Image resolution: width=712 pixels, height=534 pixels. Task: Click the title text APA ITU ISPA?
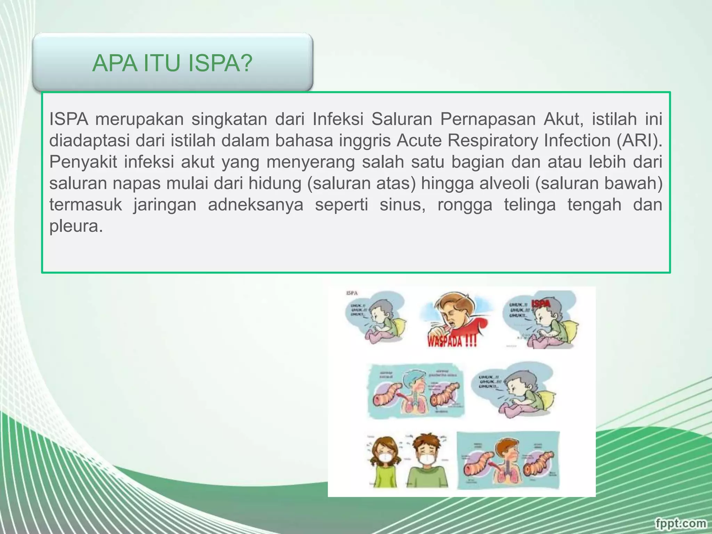point(172,63)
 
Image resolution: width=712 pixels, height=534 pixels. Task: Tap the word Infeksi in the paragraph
point(338,119)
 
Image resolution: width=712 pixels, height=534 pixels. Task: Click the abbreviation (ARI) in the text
point(640,140)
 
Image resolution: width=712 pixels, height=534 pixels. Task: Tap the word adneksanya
point(256,205)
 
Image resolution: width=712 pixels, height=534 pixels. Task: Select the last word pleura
point(76,227)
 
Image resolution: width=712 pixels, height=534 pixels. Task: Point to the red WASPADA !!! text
point(452,341)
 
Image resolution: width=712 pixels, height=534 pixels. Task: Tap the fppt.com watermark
point(681,523)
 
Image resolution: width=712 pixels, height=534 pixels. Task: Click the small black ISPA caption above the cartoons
point(351,293)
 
